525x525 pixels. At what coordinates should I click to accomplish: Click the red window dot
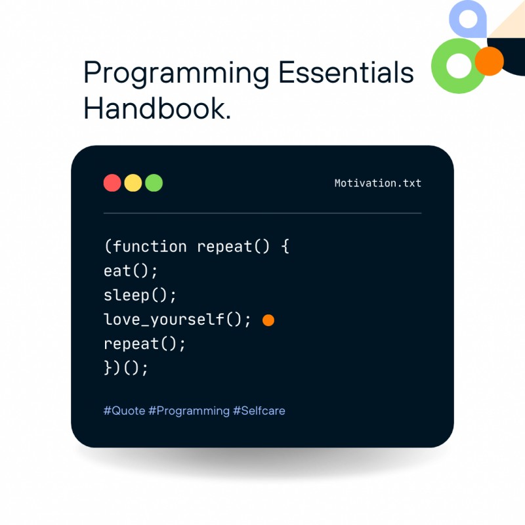click(x=112, y=183)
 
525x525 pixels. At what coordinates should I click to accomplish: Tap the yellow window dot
click(x=133, y=183)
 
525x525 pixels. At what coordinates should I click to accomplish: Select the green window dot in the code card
click(x=154, y=183)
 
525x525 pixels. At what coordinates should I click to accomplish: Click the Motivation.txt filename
click(x=377, y=183)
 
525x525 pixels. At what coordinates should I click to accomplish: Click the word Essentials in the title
click(x=346, y=72)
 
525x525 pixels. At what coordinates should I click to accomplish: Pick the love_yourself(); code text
click(x=177, y=320)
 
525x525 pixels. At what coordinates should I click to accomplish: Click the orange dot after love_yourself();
click(x=268, y=320)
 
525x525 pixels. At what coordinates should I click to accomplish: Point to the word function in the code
click(x=150, y=247)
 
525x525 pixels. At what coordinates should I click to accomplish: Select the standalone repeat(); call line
click(x=145, y=344)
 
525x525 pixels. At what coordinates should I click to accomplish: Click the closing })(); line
click(x=127, y=368)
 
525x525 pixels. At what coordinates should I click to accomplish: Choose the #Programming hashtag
click(x=189, y=411)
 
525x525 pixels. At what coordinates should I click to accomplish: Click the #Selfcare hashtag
click(x=259, y=411)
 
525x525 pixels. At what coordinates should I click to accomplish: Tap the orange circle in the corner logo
click(x=488, y=61)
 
